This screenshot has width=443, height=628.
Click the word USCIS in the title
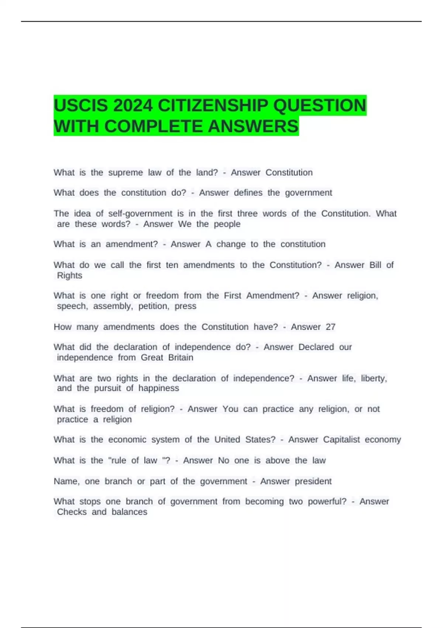pos(81,106)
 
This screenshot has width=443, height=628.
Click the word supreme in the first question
pos(126,173)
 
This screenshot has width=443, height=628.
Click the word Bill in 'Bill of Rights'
pos(375,265)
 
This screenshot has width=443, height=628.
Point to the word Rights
pos(69,276)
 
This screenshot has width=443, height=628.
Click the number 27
pos(330,327)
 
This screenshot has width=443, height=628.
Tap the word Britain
pos(181,358)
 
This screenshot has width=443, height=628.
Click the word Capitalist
pos(341,440)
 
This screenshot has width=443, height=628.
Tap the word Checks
pos(72,512)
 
